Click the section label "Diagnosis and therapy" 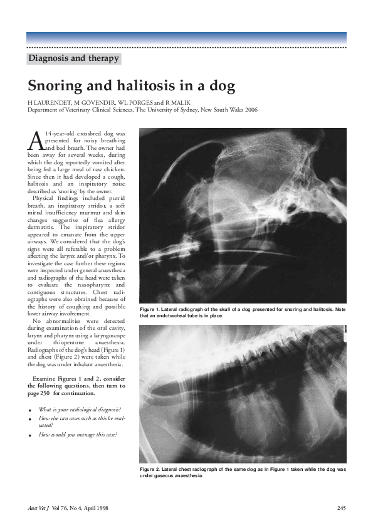[73, 59]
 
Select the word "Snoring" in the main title [55, 86]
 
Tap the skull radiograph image [242, 215]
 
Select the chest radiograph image [242, 393]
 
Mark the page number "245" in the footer [341, 507]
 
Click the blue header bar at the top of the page [186, 38]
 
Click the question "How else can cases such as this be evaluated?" [78, 421]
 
